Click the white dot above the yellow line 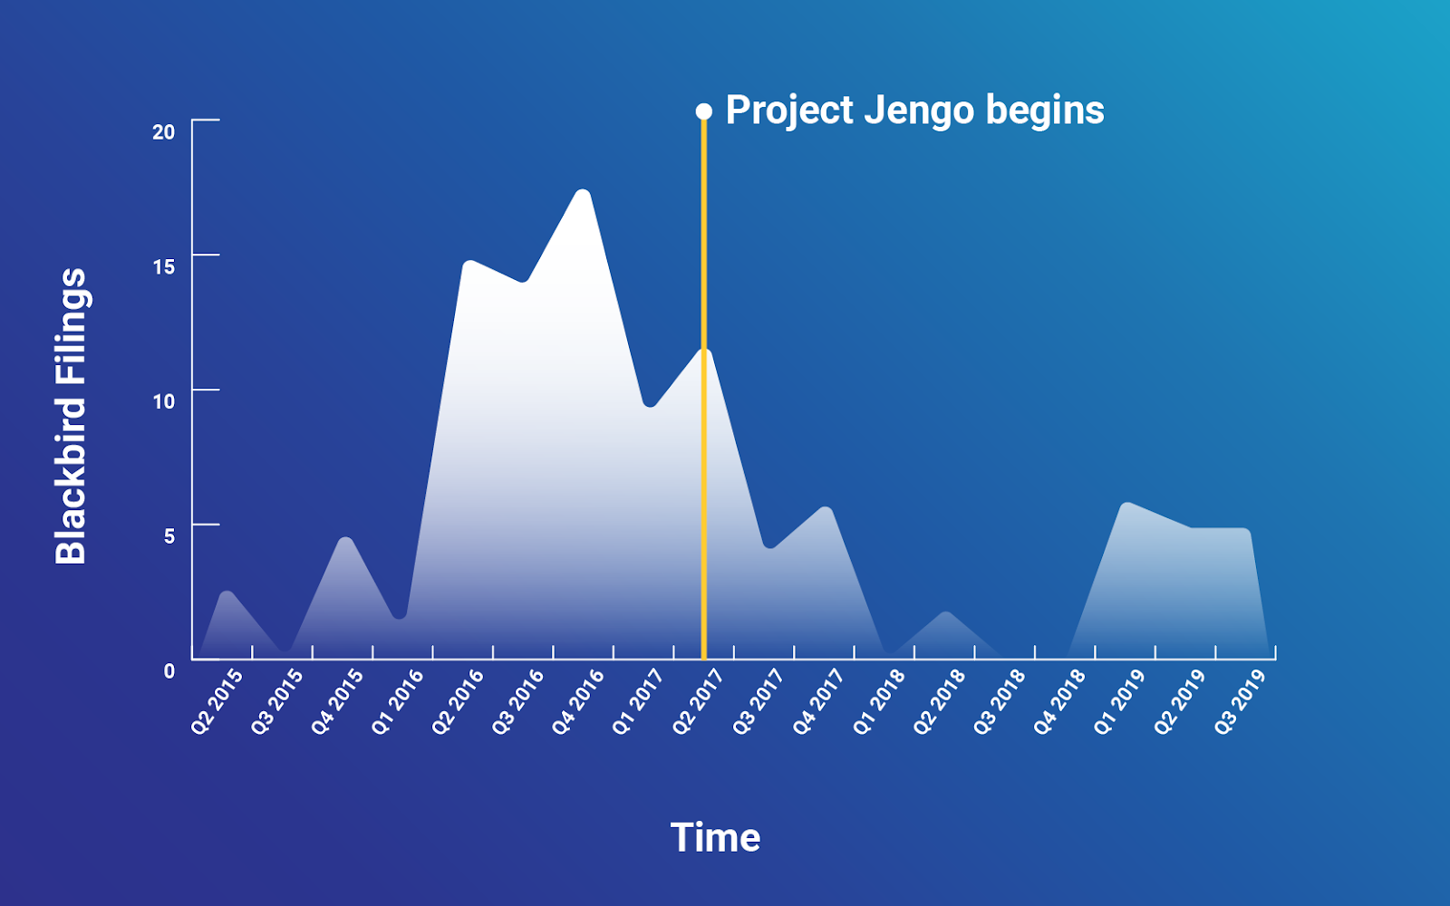(x=703, y=112)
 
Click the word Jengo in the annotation (x=919, y=111)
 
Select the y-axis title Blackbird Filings (x=71, y=416)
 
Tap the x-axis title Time (x=715, y=837)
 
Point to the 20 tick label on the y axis (x=164, y=132)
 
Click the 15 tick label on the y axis (x=164, y=266)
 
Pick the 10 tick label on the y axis (x=164, y=401)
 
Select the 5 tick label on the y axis (x=169, y=535)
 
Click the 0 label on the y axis (x=169, y=671)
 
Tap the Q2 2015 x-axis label (x=217, y=702)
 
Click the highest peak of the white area (x=584, y=191)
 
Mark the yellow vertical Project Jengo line (x=703, y=389)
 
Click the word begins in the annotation (x=1045, y=111)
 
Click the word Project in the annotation (x=789, y=111)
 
